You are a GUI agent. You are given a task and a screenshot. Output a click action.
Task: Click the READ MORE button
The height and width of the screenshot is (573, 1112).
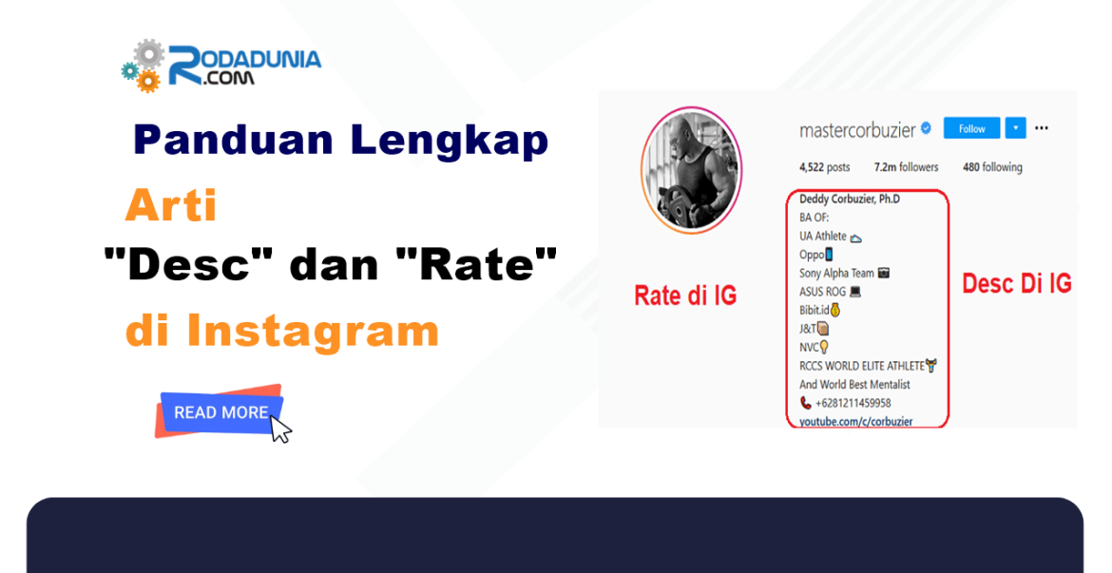point(221,412)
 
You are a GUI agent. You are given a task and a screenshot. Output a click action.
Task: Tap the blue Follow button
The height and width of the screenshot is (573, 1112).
point(971,128)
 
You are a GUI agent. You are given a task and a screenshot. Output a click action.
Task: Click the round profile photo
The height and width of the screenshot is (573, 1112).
point(691,169)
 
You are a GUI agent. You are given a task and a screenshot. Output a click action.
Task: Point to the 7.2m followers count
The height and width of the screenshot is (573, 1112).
point(906,167)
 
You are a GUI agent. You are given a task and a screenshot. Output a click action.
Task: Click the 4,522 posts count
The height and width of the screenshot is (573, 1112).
point(824,167)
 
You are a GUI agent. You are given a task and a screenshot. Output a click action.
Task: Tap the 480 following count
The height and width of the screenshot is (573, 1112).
point(992,167)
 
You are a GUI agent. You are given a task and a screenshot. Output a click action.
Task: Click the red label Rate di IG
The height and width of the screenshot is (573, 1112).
point(684,296)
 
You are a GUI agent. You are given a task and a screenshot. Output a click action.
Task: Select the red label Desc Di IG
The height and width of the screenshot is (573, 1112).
point(1016,283)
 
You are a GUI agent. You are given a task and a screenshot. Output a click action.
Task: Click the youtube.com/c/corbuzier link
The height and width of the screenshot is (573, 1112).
point(856,421)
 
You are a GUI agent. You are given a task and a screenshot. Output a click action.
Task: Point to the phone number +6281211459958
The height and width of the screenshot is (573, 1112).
point(853,403)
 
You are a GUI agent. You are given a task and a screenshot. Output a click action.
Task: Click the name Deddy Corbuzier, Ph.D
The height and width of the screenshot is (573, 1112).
point(849,199)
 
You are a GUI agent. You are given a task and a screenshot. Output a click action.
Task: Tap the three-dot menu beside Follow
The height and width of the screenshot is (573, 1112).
point(1042,128)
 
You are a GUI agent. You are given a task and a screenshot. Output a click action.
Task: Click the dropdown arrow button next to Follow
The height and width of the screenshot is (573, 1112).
point(1015,128)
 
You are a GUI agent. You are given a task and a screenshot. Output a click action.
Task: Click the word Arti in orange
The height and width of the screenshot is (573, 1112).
point(171,205)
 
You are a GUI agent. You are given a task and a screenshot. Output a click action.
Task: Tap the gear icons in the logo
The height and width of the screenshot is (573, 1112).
point(144,66)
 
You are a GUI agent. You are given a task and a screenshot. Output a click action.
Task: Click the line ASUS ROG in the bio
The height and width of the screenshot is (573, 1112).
point(830,292)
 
